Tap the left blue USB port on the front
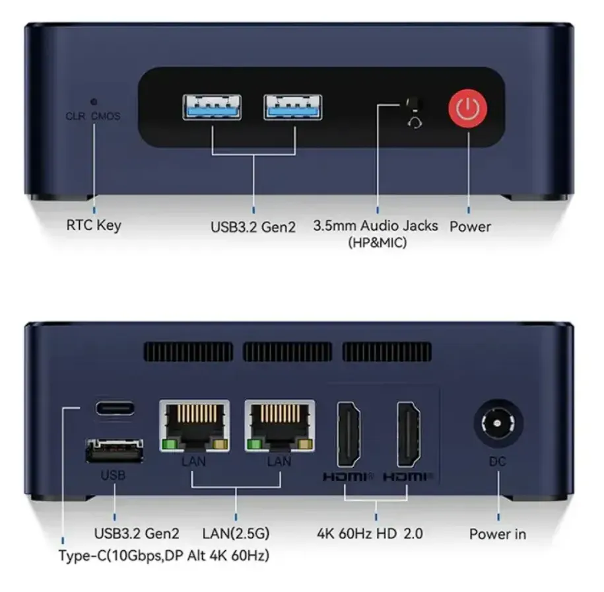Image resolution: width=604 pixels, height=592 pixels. (x=212, y=107)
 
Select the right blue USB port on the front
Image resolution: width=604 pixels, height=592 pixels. (x=293, y=107)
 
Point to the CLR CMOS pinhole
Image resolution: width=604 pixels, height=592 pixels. (x=93, y=102)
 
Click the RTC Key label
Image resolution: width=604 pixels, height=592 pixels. (x=94, y=225)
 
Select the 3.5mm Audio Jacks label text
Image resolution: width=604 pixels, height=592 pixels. (x=375, y=226)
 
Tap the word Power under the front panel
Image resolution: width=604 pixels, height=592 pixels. (x=470, y=226)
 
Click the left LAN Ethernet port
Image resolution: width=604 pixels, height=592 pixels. (x=194, y=425)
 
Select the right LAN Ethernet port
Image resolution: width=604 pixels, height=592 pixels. (x=279, y=425)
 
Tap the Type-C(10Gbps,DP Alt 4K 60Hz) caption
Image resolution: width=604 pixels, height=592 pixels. (x=164, y=556)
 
